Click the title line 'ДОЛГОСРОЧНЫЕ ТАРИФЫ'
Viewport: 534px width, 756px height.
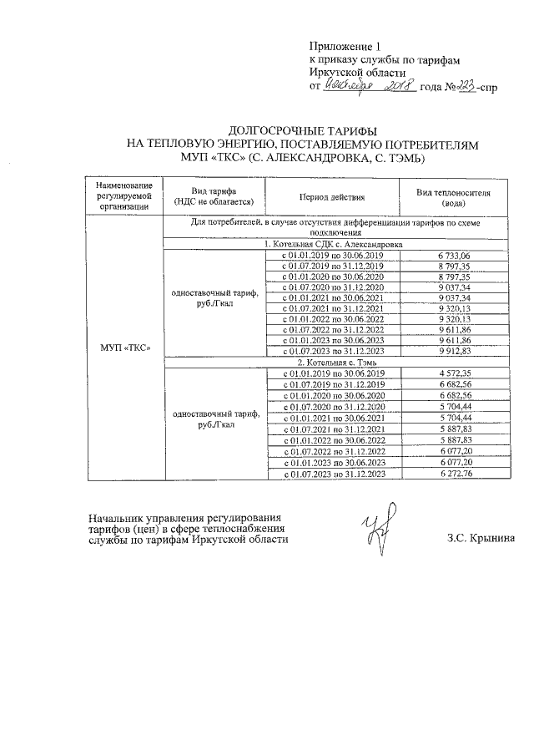(x=302, y=131)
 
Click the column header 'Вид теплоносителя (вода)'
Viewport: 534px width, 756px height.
(x=454, y=196)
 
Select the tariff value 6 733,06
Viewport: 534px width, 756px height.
(x=454, y=255)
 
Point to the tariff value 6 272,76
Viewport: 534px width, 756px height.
(x=454, y=474)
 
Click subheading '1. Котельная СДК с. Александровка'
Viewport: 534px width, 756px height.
(x=332, y=244)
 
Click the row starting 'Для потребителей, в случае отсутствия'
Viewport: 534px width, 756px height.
(x=332, y=228)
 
